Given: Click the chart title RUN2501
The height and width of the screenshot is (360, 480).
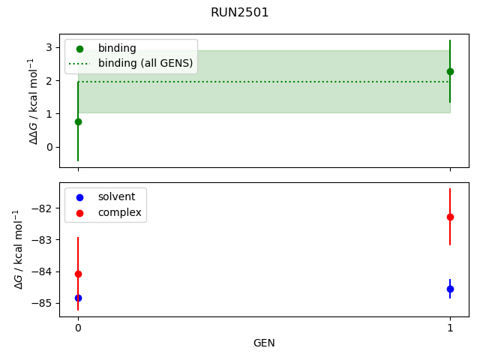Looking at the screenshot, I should coord(240,13).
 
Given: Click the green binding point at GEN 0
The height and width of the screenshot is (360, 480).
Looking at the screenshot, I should coord(78,121).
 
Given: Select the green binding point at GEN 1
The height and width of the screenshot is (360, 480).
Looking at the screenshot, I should coord(450,71).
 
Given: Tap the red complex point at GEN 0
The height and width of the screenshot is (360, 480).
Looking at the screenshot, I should coord(78,274).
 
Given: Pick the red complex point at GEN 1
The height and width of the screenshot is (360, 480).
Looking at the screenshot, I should coord(450,217).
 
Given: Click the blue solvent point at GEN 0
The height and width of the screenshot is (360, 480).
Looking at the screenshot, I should coord(78,298).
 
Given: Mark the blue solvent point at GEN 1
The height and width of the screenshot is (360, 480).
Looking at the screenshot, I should coord(450,289).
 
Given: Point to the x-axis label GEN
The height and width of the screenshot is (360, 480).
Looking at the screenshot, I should coord(264,343).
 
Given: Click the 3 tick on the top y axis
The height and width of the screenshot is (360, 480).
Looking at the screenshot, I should coord(49,47).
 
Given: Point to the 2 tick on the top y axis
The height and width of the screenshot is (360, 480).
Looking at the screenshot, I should coord(49,80).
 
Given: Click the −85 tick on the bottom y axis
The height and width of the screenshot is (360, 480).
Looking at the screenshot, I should coord(43,303).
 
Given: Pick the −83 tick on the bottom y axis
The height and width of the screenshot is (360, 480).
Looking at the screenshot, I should coord(43,240).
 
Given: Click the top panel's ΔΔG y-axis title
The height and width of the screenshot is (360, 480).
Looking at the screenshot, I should coord(33,100).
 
